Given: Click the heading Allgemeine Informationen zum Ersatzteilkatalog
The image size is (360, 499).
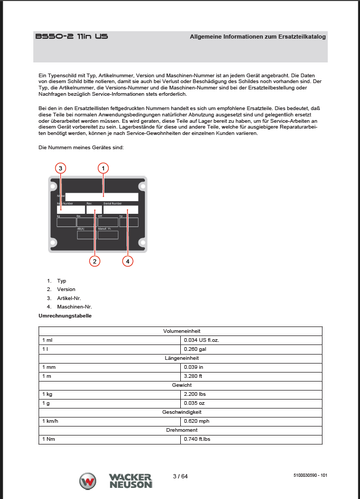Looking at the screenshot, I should pos(257,37).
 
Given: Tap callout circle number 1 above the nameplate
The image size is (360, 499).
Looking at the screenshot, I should pos(104,168).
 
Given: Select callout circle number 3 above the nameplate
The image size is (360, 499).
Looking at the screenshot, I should pos(61,168).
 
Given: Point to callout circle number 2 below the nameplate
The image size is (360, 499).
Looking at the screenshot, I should pos(94,261).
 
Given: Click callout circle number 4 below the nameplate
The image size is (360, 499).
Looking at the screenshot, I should pos(127,261).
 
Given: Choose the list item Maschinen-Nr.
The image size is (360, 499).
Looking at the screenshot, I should pos(71,306).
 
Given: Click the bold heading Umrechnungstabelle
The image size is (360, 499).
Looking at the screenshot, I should pos(65,316).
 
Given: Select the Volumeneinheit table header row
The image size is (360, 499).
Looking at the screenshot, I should pos(180,331).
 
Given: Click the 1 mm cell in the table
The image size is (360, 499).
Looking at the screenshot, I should pos(49,367).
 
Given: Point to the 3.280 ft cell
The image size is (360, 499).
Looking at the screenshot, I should pos(193,376).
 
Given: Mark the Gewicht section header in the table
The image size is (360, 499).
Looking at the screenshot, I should pos(180,385).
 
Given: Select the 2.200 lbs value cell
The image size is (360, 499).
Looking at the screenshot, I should pos(195,394).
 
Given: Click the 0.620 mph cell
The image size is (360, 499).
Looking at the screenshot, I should pos(196,421).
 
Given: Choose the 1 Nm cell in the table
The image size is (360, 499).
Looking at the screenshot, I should pos(49,439).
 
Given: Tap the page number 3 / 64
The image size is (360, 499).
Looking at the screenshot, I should pos(180,476).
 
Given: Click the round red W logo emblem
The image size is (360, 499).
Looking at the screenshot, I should pos(88,482).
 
